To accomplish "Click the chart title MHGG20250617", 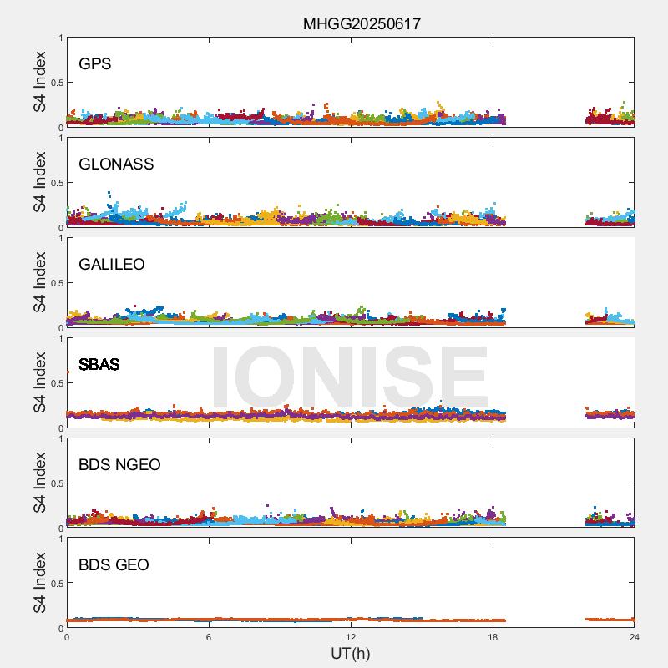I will (x=362, y=23).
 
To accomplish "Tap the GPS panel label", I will (x=95, y=64).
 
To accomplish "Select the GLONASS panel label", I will (x=116, y=164).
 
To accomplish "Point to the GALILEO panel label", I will (x=112, y=265).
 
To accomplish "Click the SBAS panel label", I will (x=99, y=365).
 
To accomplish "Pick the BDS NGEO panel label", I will (x=119, y=465).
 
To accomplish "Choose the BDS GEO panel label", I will (x=114, y=565).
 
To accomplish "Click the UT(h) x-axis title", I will (x=351, y=653).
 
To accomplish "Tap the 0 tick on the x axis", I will (x=67, y=636).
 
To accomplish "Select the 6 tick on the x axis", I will (x=209, y=636).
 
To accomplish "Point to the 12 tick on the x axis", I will (x=351, y=636).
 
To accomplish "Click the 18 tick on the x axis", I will (x=493, y=636).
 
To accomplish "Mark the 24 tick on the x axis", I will (x=635, y=636).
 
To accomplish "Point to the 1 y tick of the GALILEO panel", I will (x=60, y=239).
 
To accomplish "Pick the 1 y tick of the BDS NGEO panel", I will (x=60, y=439).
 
